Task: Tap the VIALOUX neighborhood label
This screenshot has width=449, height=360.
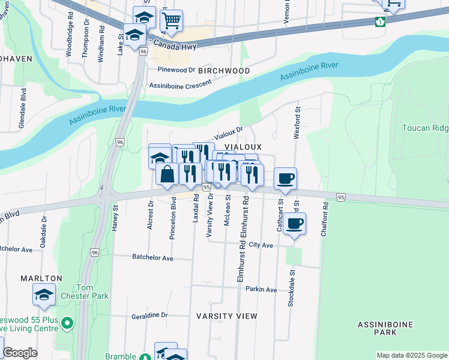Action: click(x=243, y=147)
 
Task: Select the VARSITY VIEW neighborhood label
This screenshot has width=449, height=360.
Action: click(x=227, y=316)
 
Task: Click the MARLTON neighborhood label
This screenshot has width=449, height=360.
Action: click(x=41, y=278)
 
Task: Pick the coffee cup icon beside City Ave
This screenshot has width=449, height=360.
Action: click(x=294, y=224)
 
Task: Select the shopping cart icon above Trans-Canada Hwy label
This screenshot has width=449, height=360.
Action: click(x=172, y=20)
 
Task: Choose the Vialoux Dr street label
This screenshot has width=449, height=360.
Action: click(x=229, y=133)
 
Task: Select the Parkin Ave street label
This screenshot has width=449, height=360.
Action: click(x=261, y=290)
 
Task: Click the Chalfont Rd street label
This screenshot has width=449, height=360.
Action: click(x=325, y=223)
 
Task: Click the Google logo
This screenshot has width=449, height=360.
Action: click(x=20, y=353)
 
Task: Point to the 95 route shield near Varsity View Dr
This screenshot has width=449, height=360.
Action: click(x=206, y=188)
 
